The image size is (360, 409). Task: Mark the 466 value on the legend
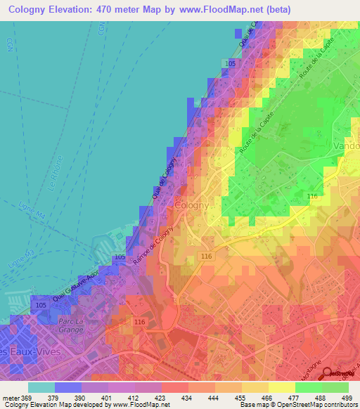269,397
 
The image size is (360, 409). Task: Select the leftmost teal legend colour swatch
41,387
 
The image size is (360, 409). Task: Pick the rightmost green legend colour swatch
335,387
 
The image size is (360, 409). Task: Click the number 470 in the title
102,9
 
